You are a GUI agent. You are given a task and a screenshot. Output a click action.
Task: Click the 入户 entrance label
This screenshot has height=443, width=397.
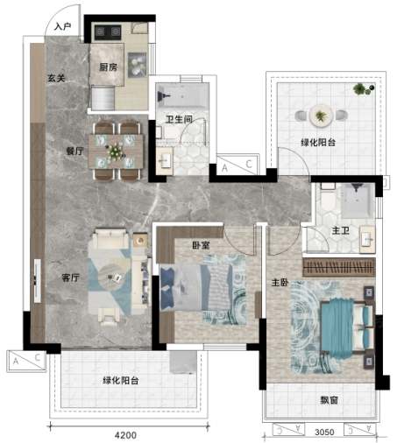(x=63, y=27)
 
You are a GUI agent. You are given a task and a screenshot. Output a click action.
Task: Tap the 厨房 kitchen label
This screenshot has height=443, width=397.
(x=108, y=67)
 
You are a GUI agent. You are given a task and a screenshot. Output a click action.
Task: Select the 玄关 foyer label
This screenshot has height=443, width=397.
(x=56, y=78)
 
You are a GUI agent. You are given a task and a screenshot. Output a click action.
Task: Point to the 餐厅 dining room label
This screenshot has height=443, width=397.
(x=74, y=151)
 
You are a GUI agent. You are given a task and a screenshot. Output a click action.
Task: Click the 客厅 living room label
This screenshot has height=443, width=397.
(x=70, y=278)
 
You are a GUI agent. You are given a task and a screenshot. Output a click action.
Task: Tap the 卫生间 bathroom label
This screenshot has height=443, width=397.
(x=179, y=119)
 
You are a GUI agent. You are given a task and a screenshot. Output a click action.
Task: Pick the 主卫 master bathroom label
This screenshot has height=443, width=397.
(x=340, y=231)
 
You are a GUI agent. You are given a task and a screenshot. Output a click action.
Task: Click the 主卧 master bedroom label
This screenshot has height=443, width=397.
(x=280, y=282)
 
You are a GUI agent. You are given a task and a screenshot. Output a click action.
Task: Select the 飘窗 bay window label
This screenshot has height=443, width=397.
(x=330, y=400)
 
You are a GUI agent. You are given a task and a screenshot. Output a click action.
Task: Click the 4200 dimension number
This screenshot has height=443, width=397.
(x=125, y=435)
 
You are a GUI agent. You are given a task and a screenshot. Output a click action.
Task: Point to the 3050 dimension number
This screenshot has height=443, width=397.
(x=324, y=432)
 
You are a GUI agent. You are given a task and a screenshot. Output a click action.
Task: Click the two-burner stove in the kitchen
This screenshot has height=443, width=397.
(x=108, y=32)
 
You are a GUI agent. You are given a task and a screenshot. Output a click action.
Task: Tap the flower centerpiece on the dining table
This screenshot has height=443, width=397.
(x=116, y=151)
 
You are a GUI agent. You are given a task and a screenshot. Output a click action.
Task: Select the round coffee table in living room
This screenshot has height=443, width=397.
(x=111, y=277)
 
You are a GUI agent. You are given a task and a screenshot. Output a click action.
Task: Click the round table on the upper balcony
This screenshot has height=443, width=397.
(x=322, y=116)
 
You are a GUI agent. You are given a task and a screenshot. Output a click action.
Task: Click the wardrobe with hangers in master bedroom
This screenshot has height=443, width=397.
(x=339, y=267)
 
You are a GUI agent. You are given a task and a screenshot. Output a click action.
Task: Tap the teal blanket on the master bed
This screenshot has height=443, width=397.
(x=338, y=327)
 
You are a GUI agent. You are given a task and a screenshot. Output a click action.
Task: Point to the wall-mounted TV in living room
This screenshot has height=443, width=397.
(x=37, y=281)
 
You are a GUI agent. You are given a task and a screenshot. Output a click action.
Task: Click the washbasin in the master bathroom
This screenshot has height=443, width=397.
(x=367, y=239)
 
